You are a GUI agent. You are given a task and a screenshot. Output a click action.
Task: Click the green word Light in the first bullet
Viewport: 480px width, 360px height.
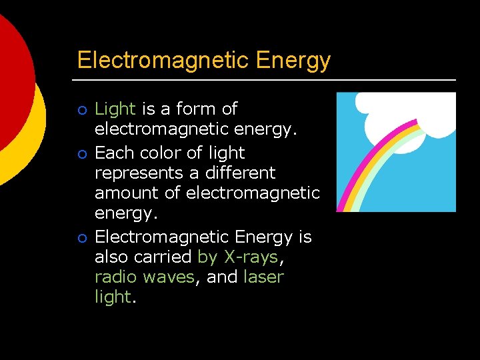(115, 109)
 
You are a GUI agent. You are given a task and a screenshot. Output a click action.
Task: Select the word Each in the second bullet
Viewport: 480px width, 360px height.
(113, 153)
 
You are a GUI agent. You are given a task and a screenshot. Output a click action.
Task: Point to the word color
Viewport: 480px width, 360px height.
(159, 153)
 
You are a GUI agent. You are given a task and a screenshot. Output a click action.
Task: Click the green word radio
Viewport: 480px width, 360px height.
(116, 277)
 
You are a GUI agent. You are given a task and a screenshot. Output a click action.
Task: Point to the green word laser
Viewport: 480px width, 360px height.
(263, 277)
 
